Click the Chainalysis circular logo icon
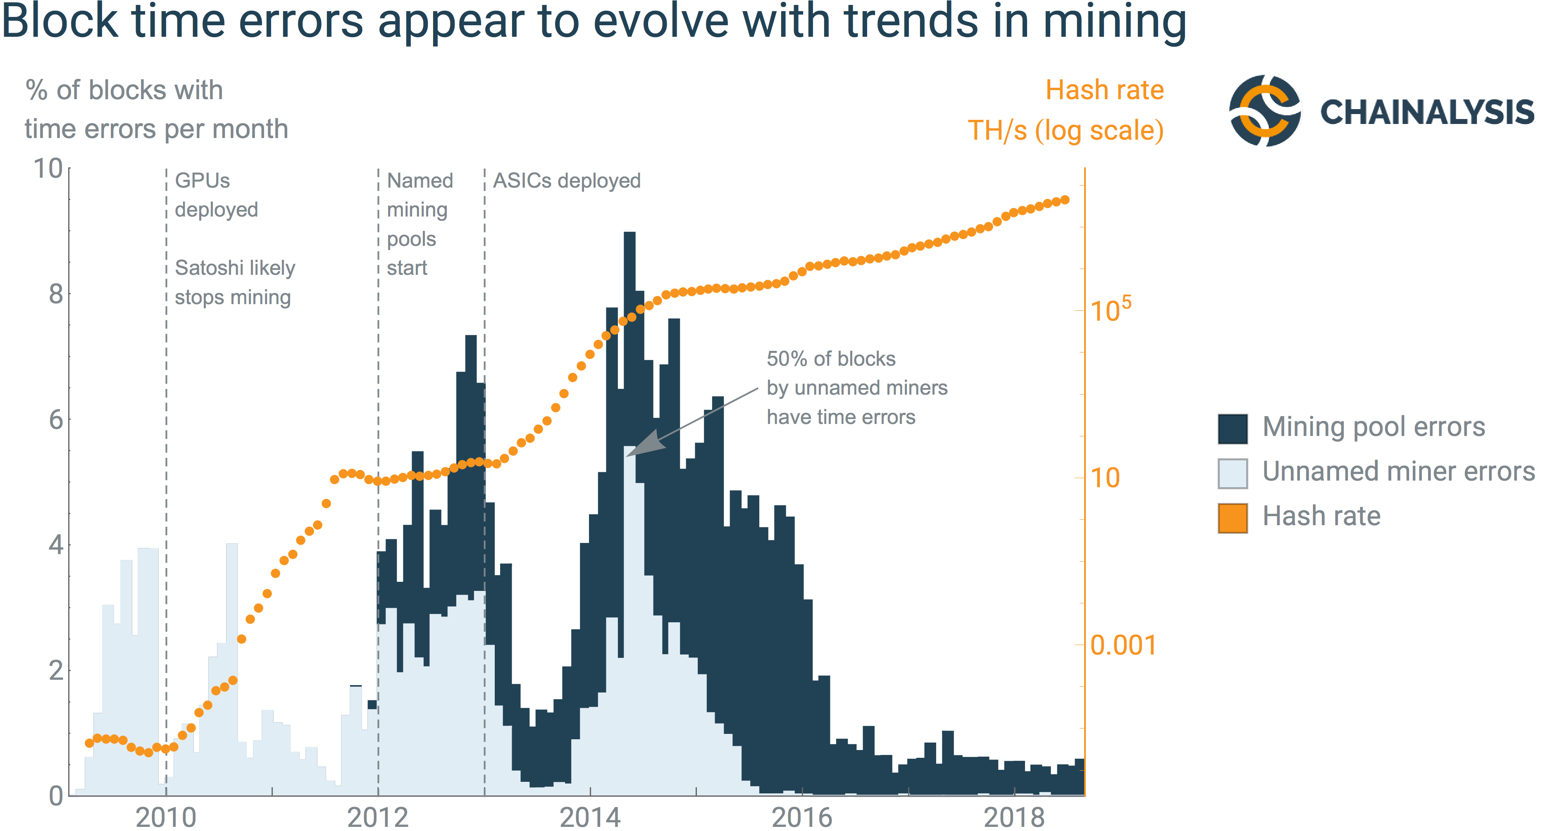pos(1264,111)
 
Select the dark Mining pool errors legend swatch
pos(1232,429)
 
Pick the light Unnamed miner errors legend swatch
pos(1232,473)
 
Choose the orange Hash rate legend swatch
pos(1232,517)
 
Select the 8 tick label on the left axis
pos(56,294)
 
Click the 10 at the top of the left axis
pos(48,169)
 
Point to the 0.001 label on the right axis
pos(1123,645)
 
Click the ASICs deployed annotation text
pos(567,181)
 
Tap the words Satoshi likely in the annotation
pos(235,268)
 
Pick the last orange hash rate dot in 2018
pos(1064,200)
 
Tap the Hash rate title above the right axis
pos(1104,90)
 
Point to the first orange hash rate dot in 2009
pos(89,743)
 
